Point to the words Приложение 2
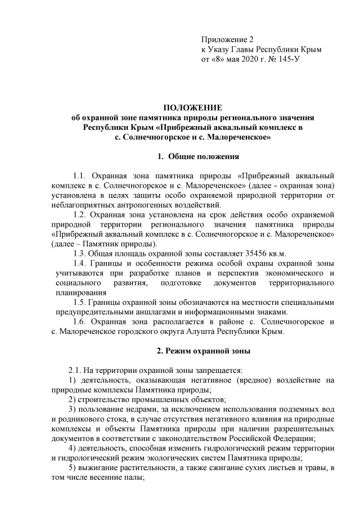pyautogui.click(x=228, y=40)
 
